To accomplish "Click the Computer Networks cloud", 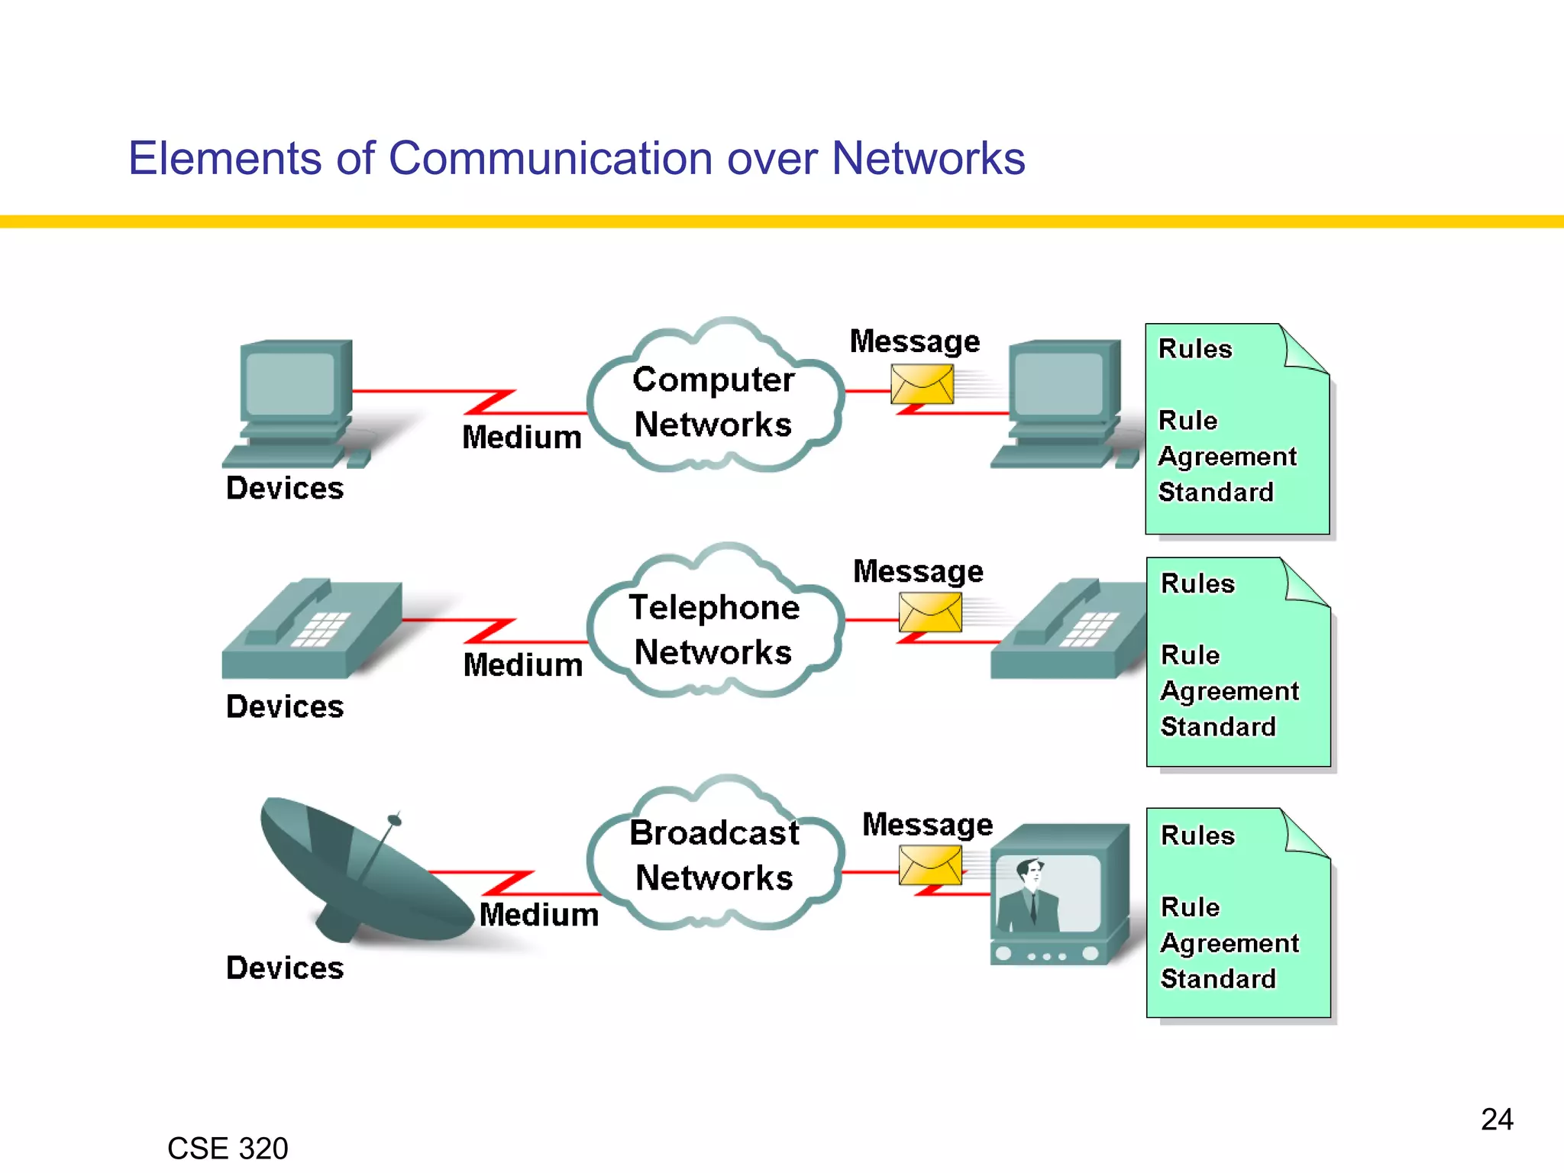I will [x=714, y=401].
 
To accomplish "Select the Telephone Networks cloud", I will [x=714, y=629].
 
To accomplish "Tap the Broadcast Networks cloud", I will [x=714, y=855].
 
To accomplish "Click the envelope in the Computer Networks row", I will [x=922, y=383].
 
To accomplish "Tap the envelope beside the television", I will [x=929, y=867].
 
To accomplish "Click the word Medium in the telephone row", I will [x=523, y=665].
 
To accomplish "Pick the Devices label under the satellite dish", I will [x=285, y=968].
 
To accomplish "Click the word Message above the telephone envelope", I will [x=918, y=571].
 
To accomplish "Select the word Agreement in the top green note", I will [x=1227, y=456].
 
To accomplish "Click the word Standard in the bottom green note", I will [x=1218, y=978].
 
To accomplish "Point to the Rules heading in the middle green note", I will [x=1197, y=583].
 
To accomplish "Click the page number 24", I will [x=1497, y=1120].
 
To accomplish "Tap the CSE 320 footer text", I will [x=228, y=1149].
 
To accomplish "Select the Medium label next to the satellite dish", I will [x=539, y=914].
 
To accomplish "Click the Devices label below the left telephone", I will [x=285, y=706].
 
